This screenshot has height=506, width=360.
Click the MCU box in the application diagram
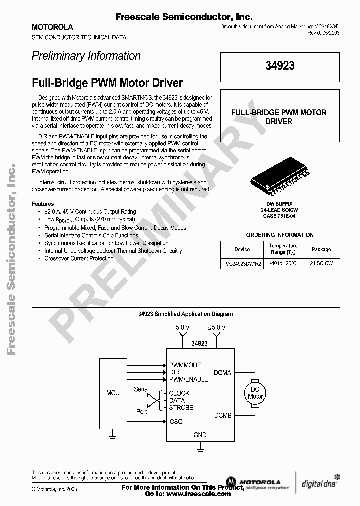(x=113, y=393)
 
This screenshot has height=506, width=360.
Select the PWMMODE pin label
(x=185, y=365)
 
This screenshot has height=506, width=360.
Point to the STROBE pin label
(x=181, y=407)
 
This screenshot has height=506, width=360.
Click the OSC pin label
(x=176, y=421)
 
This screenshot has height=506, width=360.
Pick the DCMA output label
(x=222, y=372)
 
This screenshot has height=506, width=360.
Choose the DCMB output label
(x=222, y=415)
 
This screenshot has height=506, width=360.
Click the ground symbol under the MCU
(x=113, y=438)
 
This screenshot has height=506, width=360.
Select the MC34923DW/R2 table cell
(x=242, y=263)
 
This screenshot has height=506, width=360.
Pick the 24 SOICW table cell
(x=321, y=263)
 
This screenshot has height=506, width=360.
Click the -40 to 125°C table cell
(x=283, y=263)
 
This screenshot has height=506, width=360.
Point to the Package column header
(x=321, y=249)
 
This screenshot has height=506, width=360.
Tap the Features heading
(x=43, y=204)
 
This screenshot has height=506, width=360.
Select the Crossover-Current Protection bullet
(x=79, y=258)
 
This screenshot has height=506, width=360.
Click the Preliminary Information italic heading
(x=86, y=56)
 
